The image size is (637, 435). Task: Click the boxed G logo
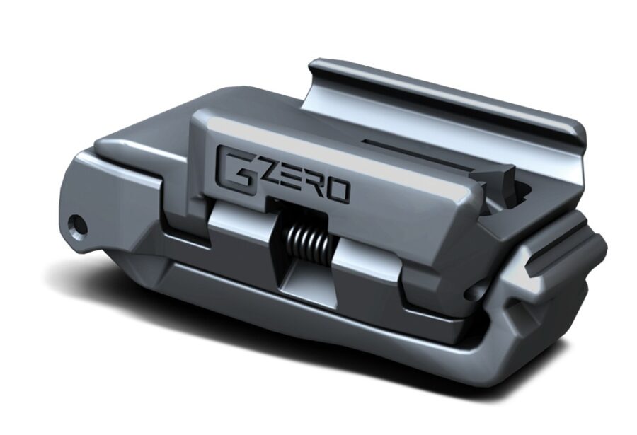(x=231, y=165)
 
